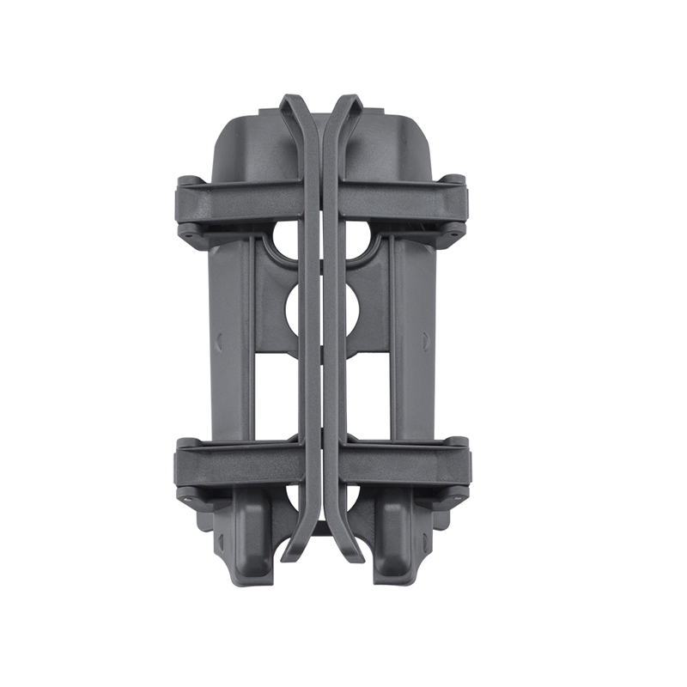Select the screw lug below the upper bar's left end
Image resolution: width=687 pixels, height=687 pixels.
(185, 231)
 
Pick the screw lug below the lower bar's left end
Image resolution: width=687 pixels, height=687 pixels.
(185, 495)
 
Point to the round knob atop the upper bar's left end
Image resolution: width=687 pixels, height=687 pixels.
(187, 180)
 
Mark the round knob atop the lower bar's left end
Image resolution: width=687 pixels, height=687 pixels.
(186, 444)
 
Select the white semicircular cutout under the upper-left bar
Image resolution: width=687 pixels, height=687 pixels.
(283, 244)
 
